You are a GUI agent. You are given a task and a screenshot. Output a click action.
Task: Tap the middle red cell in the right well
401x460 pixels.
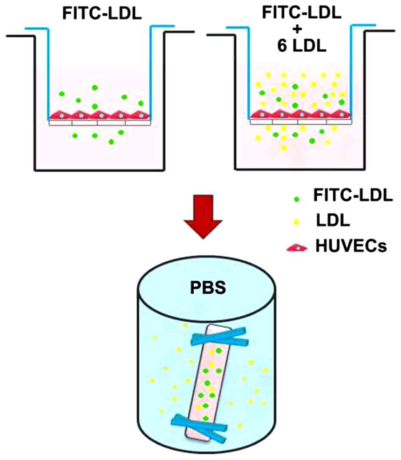(301, 114)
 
